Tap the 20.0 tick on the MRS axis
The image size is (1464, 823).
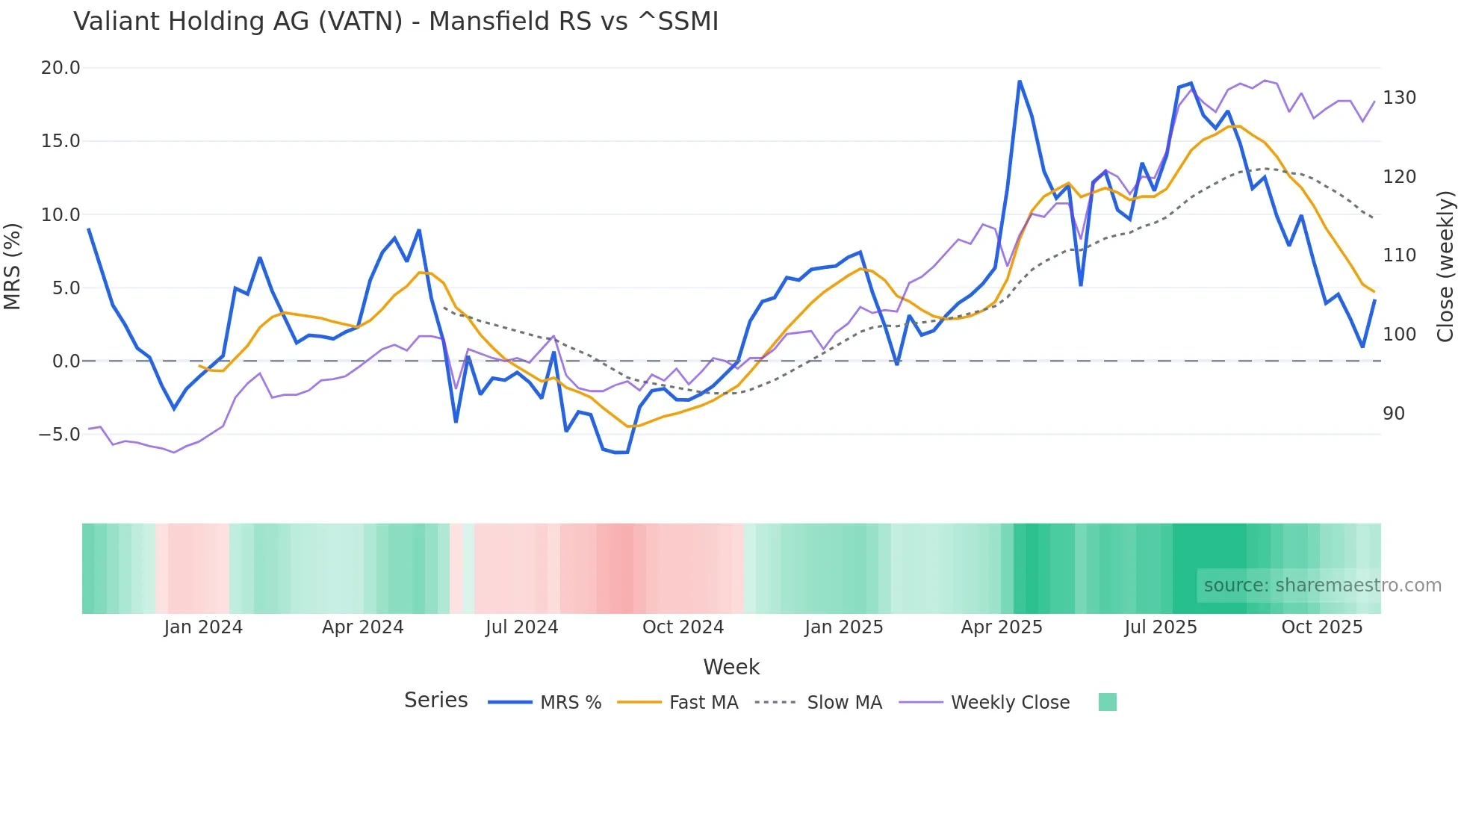60,68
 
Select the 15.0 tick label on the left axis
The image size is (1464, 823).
60,141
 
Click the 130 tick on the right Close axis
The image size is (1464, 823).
1399,98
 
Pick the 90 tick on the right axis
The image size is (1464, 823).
1394,414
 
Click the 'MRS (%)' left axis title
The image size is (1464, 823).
12,266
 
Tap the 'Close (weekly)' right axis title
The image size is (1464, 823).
1446,267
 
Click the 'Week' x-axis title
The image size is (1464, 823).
731,667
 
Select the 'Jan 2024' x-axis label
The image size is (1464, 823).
203,627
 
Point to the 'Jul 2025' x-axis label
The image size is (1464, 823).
1160,627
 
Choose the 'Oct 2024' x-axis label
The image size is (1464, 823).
683,627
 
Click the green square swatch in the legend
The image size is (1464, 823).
1107,702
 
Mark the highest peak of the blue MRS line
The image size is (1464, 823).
1020,81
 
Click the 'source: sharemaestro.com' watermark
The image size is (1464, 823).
1322,586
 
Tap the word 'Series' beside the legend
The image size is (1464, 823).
435,701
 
